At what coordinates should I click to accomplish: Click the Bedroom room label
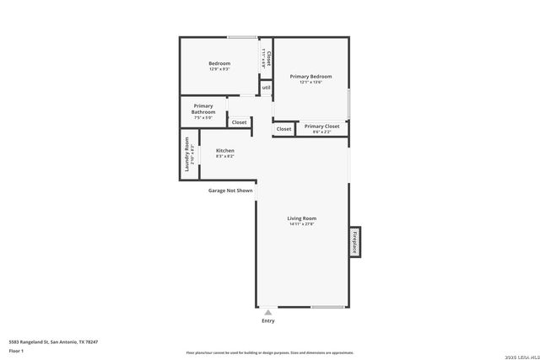tap(219, 63)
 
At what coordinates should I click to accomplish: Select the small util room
tap(266, 87)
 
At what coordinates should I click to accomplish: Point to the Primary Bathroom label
tap(203, 109)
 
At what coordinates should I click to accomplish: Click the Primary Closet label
tap(321, 126)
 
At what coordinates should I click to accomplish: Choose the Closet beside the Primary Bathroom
tap(239, 122)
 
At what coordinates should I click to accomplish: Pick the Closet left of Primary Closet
tap(283, 129)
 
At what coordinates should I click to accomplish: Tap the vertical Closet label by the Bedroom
tap(268, 58)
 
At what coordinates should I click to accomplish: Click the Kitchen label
tap(224, 150)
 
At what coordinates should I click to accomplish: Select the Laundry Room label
tap(187, 154)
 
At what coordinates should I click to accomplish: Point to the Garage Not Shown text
tap(230, 191)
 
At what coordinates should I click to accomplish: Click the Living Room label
tap(301, 218)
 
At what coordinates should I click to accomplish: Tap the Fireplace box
tap(355, 242)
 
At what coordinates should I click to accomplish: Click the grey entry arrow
tap(268, 312)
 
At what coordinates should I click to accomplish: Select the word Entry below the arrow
tap(268, 321)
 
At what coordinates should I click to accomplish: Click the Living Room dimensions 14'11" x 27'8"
tap(301, 224)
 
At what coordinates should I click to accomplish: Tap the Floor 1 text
tap(16, 350)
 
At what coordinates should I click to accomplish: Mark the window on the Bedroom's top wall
tap(242, 37)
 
